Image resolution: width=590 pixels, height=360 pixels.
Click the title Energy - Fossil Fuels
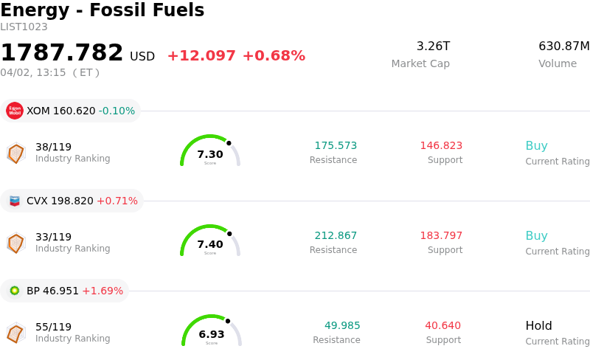102,10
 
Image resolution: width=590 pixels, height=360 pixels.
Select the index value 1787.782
62,53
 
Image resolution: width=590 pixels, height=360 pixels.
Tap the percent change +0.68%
274,56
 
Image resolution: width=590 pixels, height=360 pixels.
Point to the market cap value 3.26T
433,46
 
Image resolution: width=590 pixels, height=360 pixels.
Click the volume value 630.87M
564,46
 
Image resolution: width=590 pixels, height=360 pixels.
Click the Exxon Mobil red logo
15,111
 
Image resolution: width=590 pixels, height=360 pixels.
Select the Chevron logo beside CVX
15,201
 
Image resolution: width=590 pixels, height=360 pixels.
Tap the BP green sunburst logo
15,291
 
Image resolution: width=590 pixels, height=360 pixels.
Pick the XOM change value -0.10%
117,111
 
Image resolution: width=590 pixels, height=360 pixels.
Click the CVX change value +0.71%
117,201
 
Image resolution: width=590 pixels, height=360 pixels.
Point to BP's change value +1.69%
103,291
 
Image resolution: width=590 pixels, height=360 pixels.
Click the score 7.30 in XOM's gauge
210,154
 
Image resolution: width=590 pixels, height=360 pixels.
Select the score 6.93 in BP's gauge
212,334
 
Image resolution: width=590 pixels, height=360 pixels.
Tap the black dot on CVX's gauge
229,233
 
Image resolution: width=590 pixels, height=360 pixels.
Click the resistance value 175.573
336,146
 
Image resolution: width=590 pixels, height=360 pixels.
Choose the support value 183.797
441,236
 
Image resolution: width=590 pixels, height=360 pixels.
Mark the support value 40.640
442,326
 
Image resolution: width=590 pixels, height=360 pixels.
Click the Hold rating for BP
538,326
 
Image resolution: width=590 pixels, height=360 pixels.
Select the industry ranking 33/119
54,237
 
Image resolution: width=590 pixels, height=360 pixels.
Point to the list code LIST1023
24,27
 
